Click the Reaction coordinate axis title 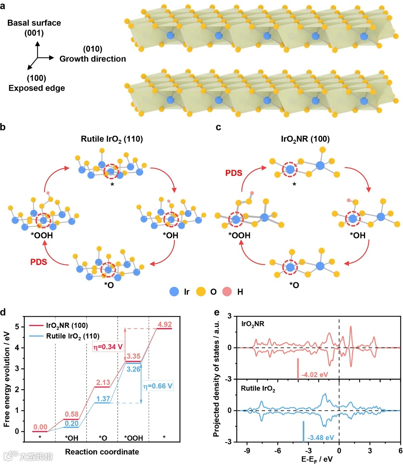click(102, 452)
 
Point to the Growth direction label click(93, 59)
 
